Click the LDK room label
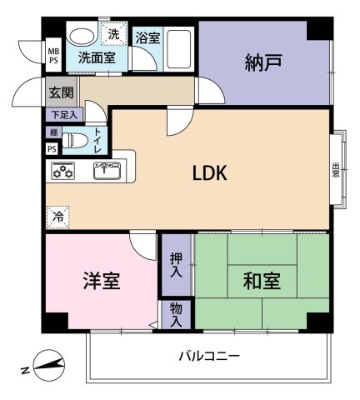click(x=209, y=173)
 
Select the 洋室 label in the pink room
click(x=100, y=281)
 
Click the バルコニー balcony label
click(x=209, y=356)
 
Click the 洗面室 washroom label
click(x=97, y=58)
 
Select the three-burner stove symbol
click(x=64, y=172)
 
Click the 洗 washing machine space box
click(x=113, y=36)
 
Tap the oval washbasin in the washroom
click(x=82, y=37)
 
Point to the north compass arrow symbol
click(x=47, y=365)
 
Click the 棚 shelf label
click(x=52, y=132)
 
